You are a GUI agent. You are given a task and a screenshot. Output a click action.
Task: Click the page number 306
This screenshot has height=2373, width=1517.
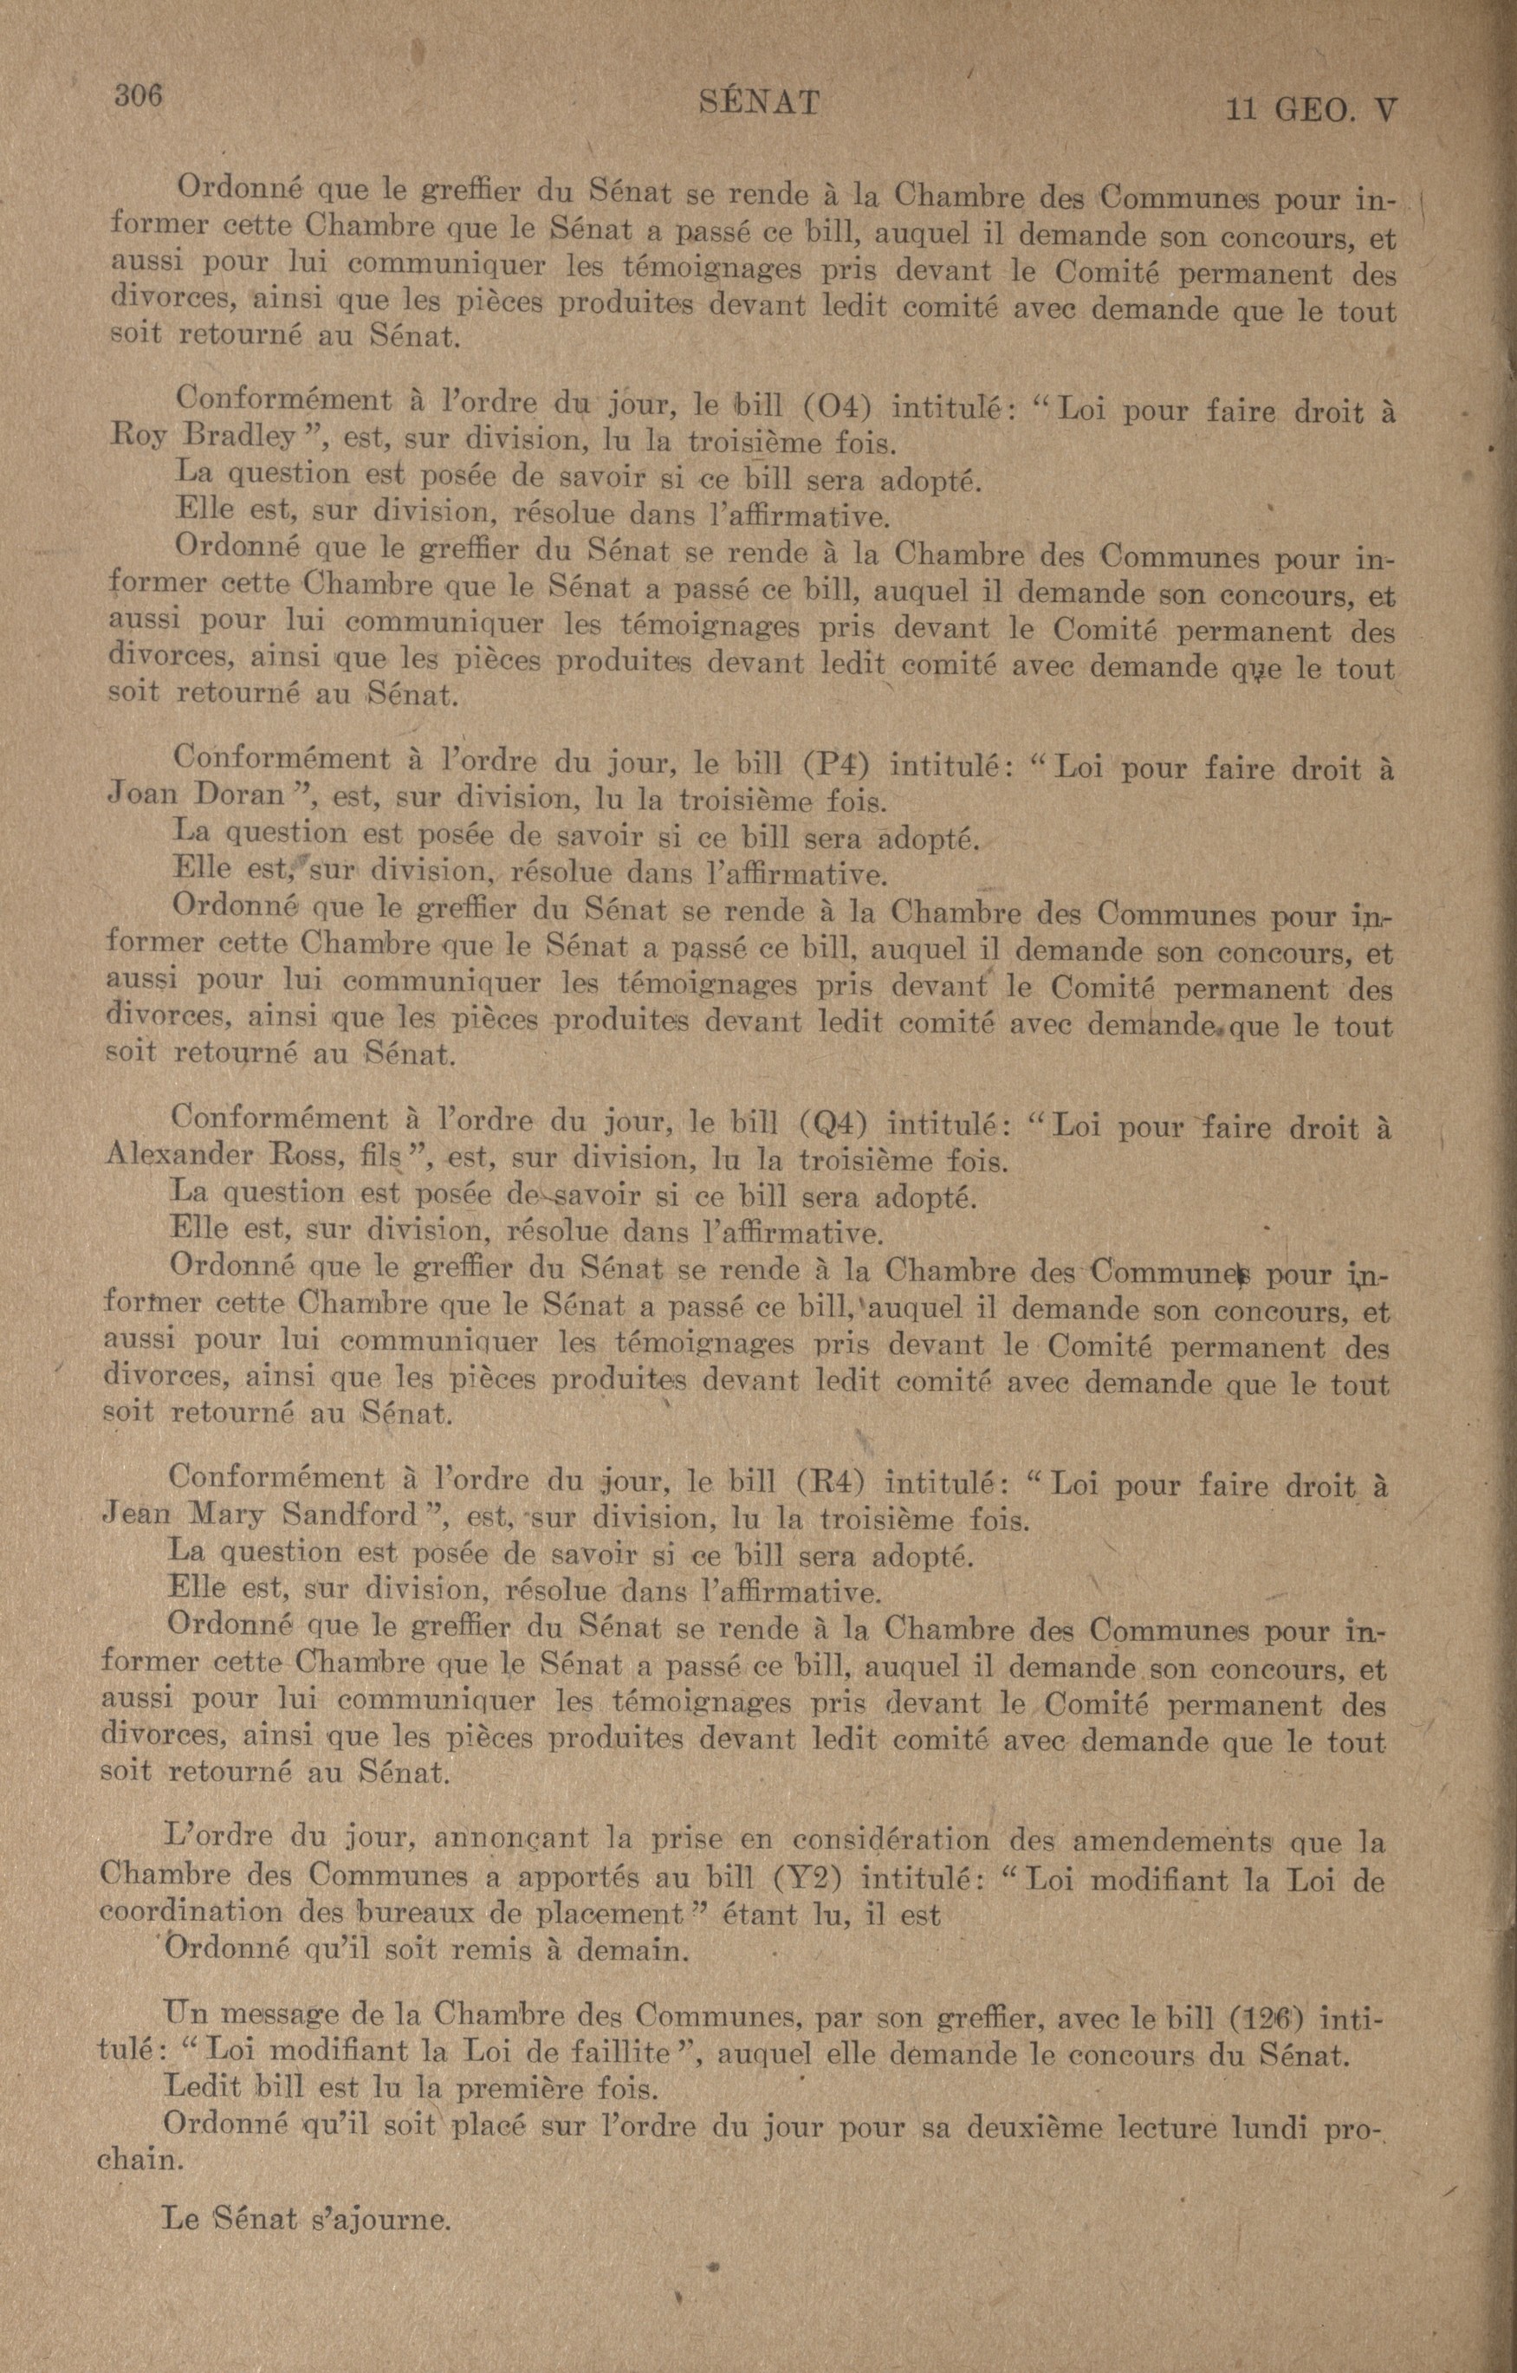click(138, 96)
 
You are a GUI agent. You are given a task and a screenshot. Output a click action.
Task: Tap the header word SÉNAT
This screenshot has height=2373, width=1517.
click(758, 102)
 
